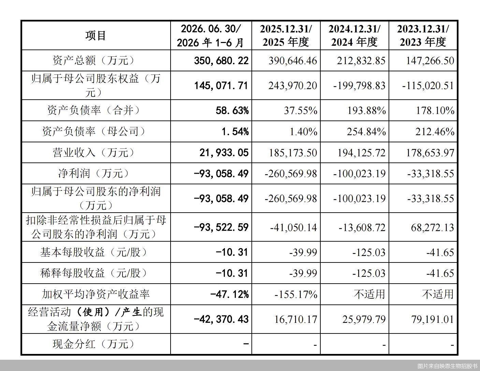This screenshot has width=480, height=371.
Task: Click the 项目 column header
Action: [96, 35]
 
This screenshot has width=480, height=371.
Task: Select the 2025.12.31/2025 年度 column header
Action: [286, 35]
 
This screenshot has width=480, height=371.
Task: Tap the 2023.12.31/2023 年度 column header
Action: [423, 35]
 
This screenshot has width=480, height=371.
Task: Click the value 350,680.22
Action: [221, 60]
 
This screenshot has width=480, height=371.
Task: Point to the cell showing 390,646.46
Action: [293, 60]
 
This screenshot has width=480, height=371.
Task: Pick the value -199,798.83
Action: [359, 86]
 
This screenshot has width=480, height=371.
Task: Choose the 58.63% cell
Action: [232, 110]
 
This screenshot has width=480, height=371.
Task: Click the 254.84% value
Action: [366, 131]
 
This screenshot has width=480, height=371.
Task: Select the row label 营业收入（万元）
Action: [93, 153]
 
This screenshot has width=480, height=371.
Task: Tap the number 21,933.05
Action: [224, 153]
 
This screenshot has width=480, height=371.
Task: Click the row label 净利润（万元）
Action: [93, 173]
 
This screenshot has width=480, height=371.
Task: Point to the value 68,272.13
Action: [433, 227]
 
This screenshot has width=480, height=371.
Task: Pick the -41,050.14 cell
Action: [294, 227]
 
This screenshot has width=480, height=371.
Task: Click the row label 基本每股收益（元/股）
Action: [93, 252]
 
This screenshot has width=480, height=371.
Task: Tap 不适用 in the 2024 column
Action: [369, 294]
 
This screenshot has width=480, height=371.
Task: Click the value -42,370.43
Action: [221, 319]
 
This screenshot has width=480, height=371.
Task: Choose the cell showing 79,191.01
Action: [433, 319]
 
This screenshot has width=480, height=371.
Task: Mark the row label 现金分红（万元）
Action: [93, 344]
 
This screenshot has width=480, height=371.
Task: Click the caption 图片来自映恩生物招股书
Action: [448, 366]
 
